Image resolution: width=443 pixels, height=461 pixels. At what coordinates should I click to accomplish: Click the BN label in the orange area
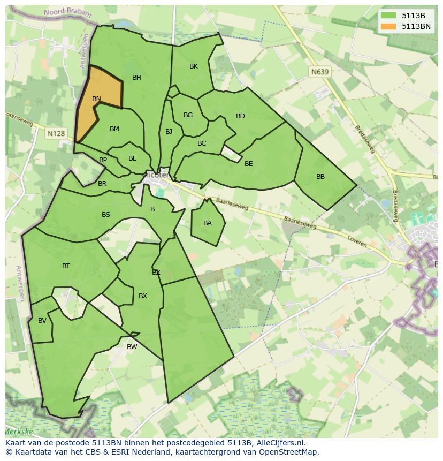coord(96,99)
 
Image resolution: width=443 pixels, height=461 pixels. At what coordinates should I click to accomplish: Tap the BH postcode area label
coord(136,78)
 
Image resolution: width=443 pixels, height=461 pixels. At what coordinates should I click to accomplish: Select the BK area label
coord(194,66)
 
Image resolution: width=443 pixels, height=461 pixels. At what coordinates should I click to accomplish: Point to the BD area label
coord(240,116)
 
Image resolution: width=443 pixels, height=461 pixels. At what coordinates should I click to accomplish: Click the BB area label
coord(320,177)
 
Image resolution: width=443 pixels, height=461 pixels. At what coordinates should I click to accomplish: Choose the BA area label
coord(208,223)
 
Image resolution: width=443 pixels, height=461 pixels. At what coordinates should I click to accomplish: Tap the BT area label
coord(66,266)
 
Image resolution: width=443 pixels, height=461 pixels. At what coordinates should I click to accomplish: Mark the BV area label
coord(42,321)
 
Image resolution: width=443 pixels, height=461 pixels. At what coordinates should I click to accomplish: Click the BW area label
coord(132,347)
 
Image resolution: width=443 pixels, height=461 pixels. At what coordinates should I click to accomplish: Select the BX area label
coord(143,296)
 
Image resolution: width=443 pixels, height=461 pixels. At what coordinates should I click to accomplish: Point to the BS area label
coord(106,215)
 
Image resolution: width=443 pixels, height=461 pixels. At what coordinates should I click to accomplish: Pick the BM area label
coord(114,129)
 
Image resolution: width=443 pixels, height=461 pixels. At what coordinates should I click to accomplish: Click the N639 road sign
coord(320,71)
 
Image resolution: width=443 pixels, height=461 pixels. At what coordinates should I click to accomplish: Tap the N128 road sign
coord(56,133)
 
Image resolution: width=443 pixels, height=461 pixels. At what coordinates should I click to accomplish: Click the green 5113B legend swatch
coord(388,16)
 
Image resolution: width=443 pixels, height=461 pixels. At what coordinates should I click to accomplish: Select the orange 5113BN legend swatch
coord(388,26)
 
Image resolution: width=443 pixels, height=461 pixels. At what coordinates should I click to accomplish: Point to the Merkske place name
coord(19,432)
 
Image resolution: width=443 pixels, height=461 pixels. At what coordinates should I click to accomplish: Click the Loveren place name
coord(357,241)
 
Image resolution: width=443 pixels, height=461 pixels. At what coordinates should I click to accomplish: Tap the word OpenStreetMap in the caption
coord(288,452)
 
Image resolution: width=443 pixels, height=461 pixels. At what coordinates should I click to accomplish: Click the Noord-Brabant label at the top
coord(62,12)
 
